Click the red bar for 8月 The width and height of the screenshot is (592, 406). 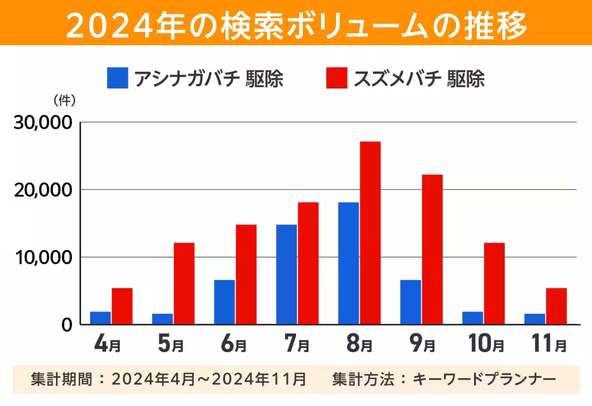pos(370,233)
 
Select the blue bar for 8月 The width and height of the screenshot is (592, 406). pos(349,263)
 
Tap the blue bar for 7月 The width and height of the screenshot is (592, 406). pos(287,274)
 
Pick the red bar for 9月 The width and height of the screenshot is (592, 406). pos(432,249)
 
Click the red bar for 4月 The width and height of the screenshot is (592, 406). pos(122,306)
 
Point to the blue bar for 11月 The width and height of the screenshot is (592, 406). pos(535,319)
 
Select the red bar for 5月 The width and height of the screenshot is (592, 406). pos(184,284)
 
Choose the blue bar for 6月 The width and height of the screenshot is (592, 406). pos(224,302)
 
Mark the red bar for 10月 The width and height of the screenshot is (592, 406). pos(494,284)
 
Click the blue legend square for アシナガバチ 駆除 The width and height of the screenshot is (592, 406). pos(117,78)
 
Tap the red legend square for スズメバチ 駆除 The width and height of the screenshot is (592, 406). pos(337,78)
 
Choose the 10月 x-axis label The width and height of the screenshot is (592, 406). pos(486,344)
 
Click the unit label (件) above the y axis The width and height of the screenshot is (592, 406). pos(64,100)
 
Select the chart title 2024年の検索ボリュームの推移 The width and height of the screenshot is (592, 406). pos(296,23)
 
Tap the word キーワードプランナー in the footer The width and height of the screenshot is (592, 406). pos(484,379)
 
